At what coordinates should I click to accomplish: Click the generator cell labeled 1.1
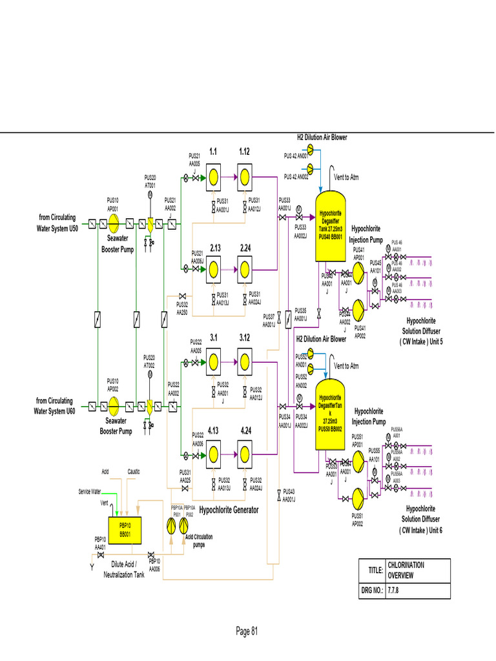click(x=214, y=175)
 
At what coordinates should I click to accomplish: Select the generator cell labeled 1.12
click(x=245, y=175)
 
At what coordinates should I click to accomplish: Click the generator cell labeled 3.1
click(x=214, y=359)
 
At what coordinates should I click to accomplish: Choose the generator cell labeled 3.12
click(x=245, y=359)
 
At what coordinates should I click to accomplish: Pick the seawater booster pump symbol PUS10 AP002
click(x=113, y=407)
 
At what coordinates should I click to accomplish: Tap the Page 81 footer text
click(x=247, y=631)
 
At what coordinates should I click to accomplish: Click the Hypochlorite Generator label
click(x=229, y=510)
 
